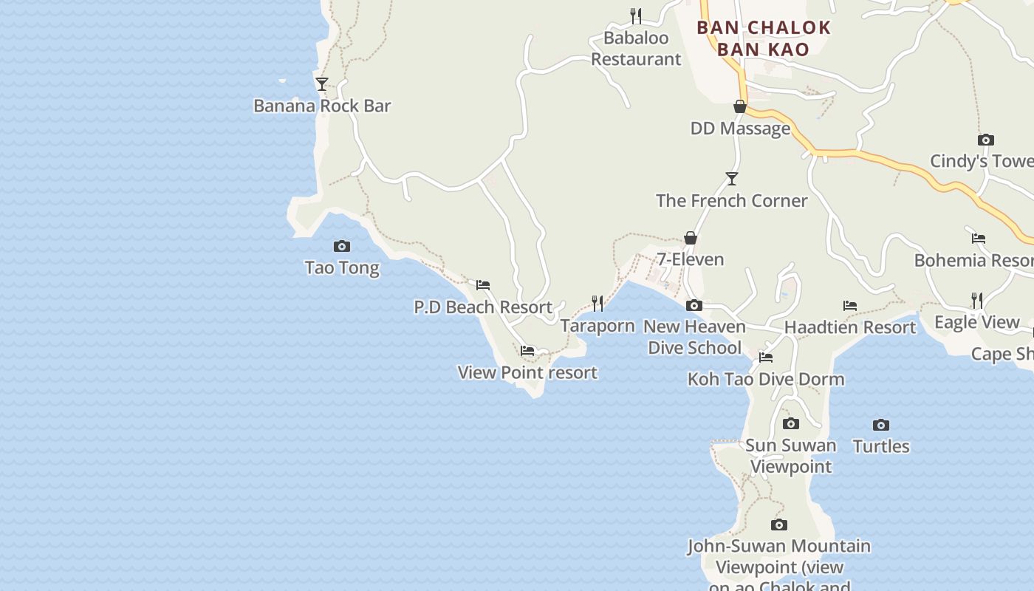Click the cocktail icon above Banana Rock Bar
321,84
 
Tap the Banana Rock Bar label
322,106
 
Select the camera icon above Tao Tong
342,246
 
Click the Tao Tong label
342,267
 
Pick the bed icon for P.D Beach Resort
483,284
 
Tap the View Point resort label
527,372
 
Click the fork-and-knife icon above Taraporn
598,304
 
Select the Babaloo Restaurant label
636,48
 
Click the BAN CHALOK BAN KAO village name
764,38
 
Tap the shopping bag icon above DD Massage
740,107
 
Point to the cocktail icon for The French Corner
731,179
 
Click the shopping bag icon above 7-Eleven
691,238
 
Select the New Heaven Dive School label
694,337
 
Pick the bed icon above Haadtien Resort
850,306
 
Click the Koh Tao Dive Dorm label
766,379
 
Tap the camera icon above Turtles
881,425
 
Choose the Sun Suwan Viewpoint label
791,456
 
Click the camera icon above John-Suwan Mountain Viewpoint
779,525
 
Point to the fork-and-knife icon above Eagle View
977,300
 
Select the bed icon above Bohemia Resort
979,238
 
